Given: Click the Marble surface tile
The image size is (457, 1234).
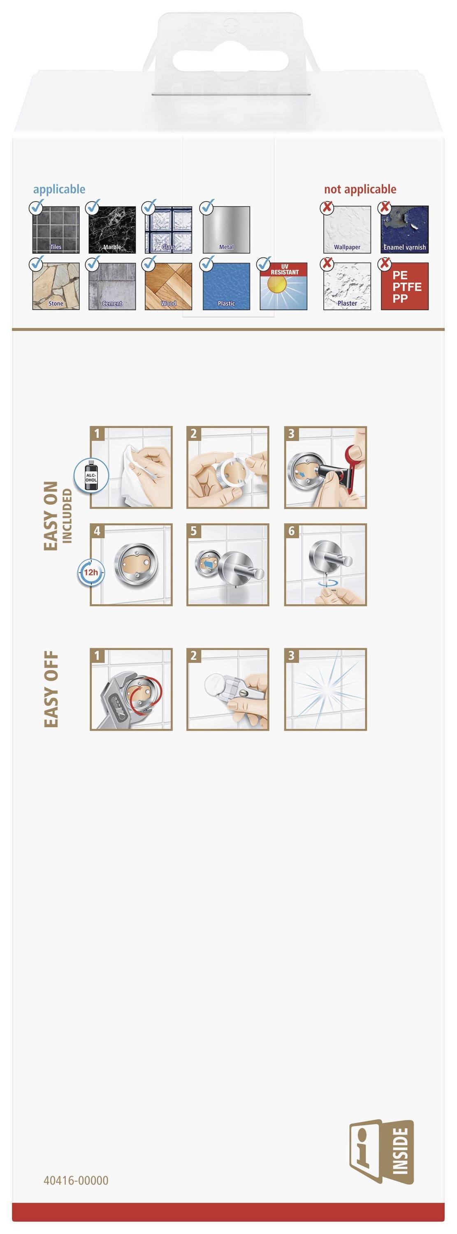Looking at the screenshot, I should pyautogui.click(x=112, y=230).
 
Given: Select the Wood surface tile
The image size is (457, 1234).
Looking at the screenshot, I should pyautogui.click(x=168, y=286).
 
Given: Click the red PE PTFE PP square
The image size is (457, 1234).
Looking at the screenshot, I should pyautogui.click(x=404, y=286).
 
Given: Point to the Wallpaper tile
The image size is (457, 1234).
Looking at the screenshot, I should pyautogui.click(x=347, y=230).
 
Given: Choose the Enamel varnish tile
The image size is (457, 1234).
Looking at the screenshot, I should pyautogui.click(x=404, y=230).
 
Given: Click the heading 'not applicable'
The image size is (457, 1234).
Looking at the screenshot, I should pyautogui.click(x=360, y=189).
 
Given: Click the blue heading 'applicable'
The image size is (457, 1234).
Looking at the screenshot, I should pyautogui.click(x=59, y=189).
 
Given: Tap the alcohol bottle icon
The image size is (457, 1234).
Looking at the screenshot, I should pyautogui.click(x=91, y=475).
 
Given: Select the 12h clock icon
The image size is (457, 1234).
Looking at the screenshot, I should pyautogui.click(x=91, y=572).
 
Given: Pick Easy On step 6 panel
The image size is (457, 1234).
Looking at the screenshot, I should pyautogui.click(x=325, y=564).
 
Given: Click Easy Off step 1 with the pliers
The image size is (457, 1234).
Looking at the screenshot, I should pyautogui.click(x=131, y=689).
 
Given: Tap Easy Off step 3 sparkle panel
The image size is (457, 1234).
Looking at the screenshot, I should pyautogui.click(x=325, y=689).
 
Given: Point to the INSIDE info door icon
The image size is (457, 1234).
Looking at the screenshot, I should pyautogui.click(x=381, y=1158).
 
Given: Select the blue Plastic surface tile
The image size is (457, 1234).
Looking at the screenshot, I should pyautogui.click(x=226, y=286).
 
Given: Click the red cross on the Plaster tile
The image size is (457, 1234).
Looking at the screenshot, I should pyautogui.click(x=327, y=263).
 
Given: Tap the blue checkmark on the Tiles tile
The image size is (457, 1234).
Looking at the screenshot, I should pyautogui.click(x=37, y=207).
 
